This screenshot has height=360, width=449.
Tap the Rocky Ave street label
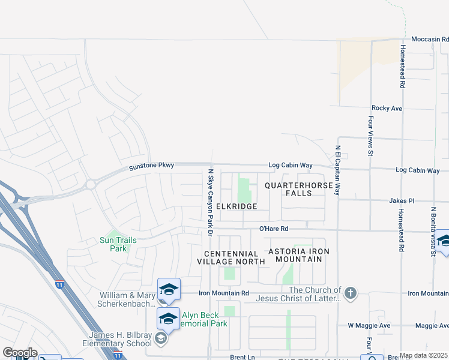pyautogui.click(x=387, y=108)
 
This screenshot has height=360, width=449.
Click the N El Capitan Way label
pyautogui.click(x=338, y=171)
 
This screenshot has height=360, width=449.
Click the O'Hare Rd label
pyautogui.click(x=274, y=229)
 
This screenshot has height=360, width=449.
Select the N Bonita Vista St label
pyautogui.click(x=433, y=232)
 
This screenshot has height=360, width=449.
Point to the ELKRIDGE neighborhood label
pyautogui.click(x=237, y=206)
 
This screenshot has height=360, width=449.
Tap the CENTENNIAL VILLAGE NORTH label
pyautogui.click(x=231, y=258)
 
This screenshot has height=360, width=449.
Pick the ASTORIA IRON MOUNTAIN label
pyautogui.click(x=295, y=255)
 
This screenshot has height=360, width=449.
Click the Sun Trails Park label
pyautogui.click(x=113, y=244)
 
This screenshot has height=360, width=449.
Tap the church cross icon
pyautogui.click(x=351, y=293)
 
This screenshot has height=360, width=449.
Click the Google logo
pyautogui.click(x=20, y=353)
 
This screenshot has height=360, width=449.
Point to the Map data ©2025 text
pyautogui.click(x=424, y=355)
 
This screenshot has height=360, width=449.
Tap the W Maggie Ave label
pyautogui.click(x=369, y=326)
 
